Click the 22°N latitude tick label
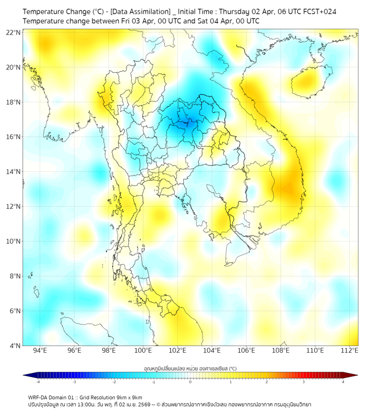14,32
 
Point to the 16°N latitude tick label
14,137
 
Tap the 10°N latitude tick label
14,242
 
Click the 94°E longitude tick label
40,350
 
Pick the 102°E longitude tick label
177,350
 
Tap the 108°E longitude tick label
281,350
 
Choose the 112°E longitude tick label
350,350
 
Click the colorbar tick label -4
38,382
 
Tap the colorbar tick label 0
190,382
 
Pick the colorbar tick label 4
343,382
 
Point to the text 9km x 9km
127,397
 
